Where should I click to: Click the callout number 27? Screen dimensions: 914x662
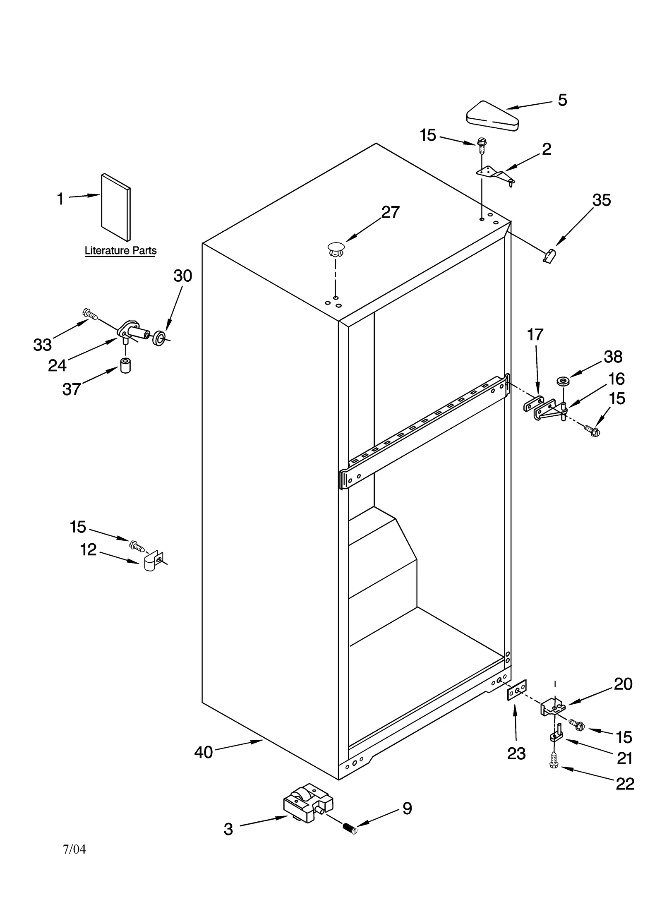tap(390, 212)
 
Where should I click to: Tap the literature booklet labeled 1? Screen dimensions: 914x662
tap(115, 207)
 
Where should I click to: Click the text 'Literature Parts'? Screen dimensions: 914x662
tap(120, 250)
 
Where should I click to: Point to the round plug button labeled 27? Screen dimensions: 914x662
tap(336, 249)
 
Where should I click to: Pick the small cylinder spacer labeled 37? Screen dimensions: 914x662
tap(125, 366)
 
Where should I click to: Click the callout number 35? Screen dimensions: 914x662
tap(601, 200)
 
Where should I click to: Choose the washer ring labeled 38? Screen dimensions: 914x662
tap(562, 380)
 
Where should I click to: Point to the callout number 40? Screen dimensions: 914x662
tap(204, 752)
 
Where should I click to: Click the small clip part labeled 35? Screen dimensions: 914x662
tap(549, 257)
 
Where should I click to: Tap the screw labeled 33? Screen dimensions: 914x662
tap(91, 314)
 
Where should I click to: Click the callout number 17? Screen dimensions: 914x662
tap(535, 335)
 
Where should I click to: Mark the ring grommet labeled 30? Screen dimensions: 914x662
tap(159, 338)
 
